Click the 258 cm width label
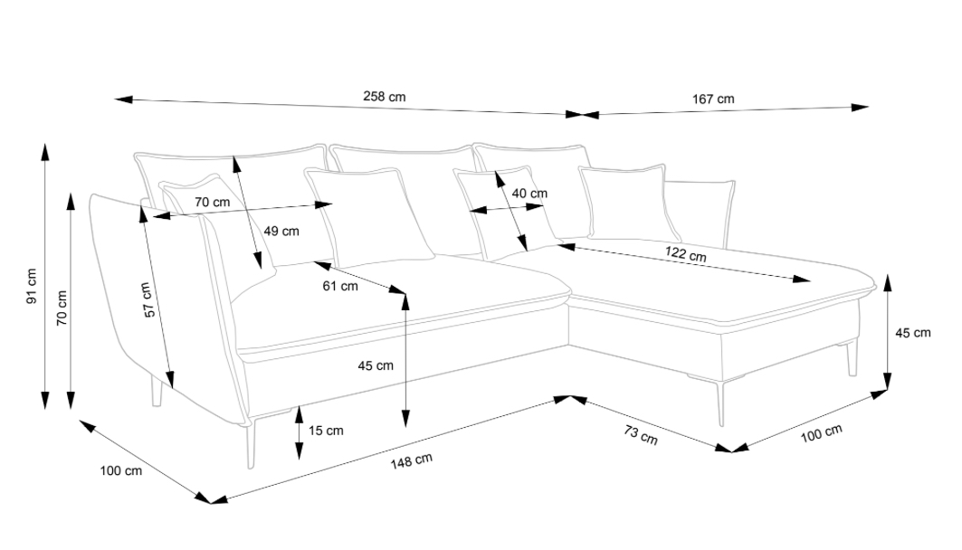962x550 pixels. coord(384,96)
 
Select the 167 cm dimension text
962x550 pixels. coord(714,99)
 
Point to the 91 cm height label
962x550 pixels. coord(31,284)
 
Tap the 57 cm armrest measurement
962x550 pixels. coord(148,299)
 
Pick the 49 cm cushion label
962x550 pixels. coord(281,231)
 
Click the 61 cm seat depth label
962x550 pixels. coord(340,287)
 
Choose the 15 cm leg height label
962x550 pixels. coord(326,431)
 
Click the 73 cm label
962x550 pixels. coord(641,434)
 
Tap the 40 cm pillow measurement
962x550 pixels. coord(529,194)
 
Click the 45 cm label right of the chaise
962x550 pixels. coord(912,333)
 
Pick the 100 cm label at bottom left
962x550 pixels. coord(121,470)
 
